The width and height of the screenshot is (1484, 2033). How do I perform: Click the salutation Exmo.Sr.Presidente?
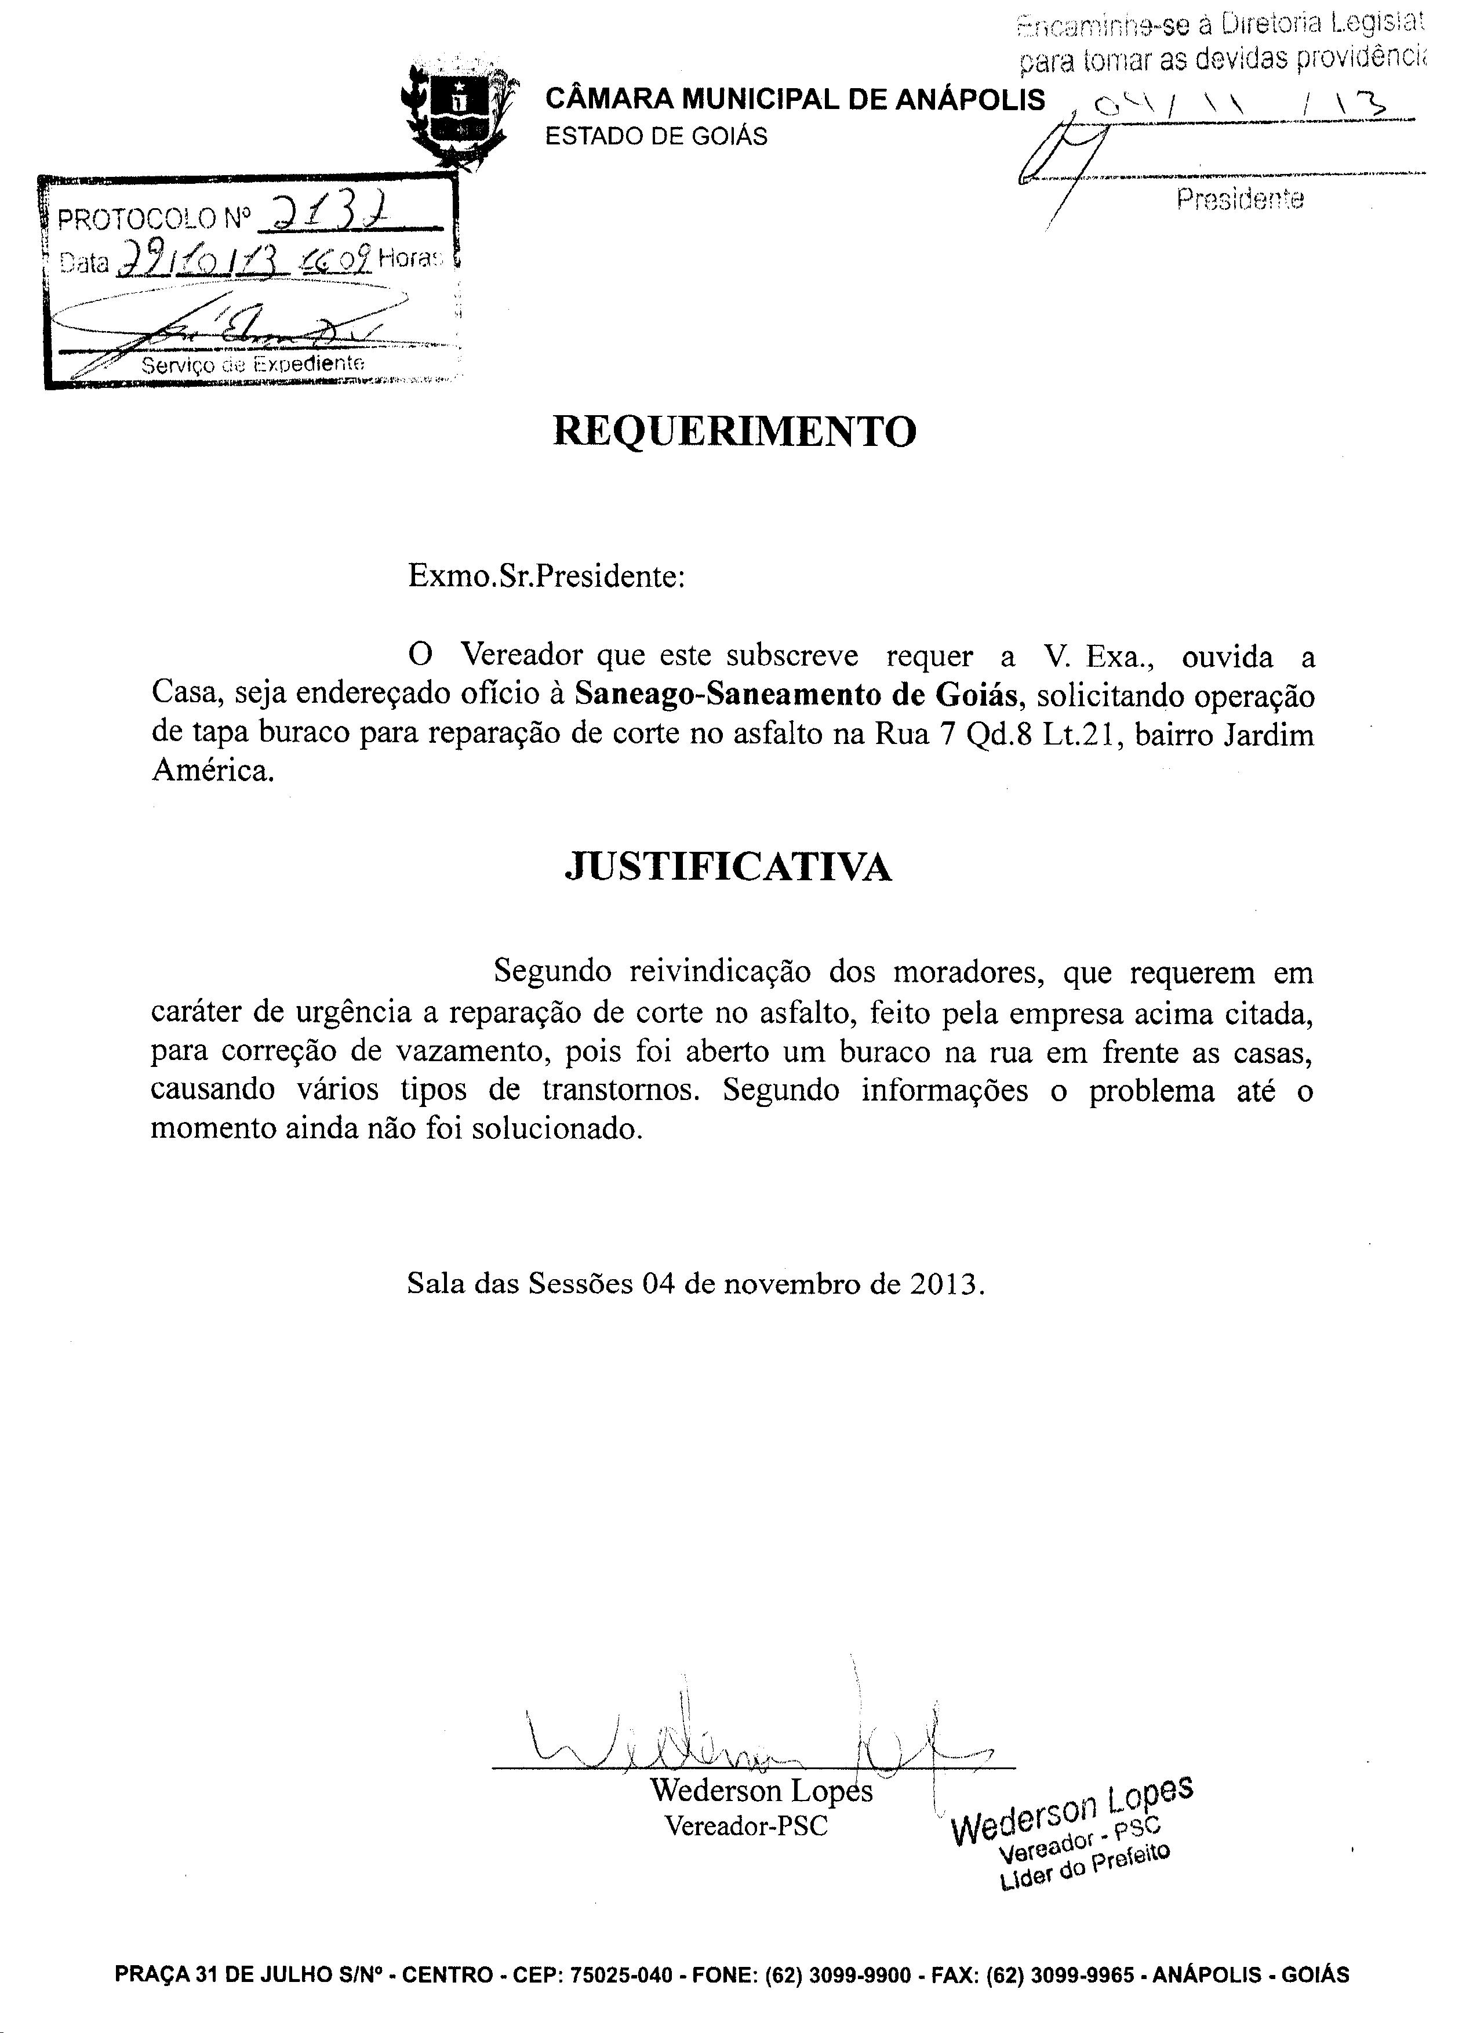546,575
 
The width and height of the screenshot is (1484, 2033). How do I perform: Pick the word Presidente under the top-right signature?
1239,198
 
